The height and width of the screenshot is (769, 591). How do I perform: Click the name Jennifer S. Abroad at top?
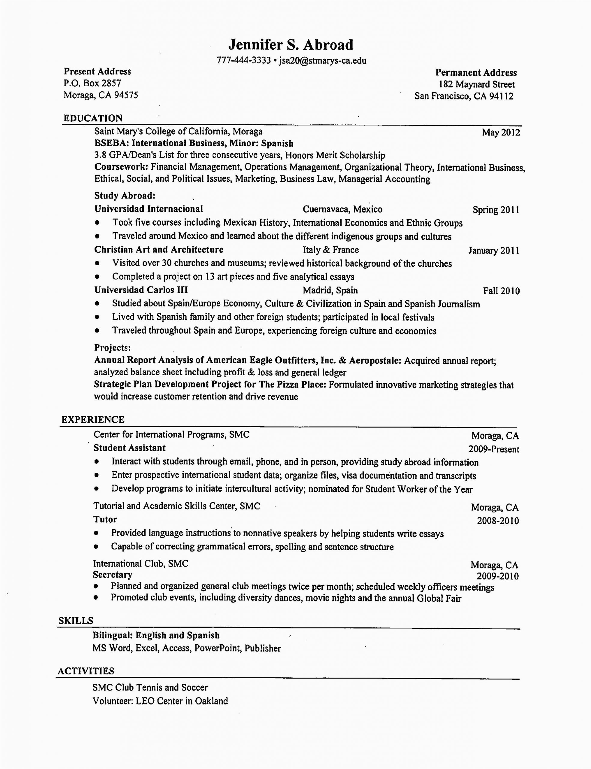[291, 45]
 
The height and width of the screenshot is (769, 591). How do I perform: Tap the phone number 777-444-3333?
[243, 61]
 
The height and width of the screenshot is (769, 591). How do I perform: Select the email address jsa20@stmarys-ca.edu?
[323, 61]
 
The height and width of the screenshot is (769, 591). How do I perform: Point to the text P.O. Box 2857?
[92, 84]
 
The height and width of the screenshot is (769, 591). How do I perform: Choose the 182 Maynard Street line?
[476, 84]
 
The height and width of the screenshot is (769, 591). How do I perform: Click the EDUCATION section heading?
[93, 118]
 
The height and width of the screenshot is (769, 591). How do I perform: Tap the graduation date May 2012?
[501, 132]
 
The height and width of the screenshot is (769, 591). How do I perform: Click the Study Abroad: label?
[125, 196]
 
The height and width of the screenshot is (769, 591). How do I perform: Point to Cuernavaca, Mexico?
[342, 209]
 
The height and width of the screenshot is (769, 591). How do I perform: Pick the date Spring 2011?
[496, 210]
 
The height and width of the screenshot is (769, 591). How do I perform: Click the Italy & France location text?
[331, 250]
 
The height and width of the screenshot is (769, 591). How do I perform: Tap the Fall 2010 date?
[501, 291]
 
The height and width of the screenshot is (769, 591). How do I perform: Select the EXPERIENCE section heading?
[93, 420]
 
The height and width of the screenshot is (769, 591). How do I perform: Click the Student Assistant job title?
[129, 448]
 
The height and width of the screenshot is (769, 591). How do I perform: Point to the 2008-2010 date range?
[498, 521]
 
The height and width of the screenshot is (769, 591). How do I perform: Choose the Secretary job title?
[113, 575]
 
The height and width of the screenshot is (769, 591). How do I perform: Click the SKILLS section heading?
[76, 621]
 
